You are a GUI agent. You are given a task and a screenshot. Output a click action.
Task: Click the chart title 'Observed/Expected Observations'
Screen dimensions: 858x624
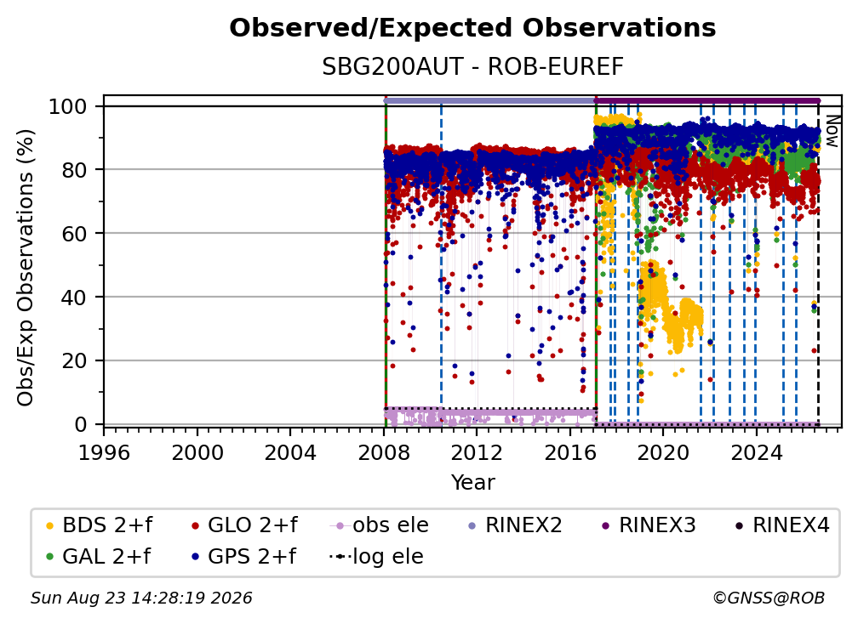[x=472, y=28]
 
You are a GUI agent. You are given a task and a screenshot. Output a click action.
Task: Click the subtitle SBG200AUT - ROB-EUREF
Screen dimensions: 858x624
[x=472, y=66]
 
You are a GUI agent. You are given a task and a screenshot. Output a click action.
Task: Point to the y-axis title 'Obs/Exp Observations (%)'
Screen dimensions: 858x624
[x=26, y=268]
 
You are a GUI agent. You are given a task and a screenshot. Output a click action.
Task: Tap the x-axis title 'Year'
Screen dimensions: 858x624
[x=472, y=483]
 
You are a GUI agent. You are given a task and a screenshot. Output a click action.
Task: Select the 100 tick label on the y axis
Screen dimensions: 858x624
[x=68, y=106]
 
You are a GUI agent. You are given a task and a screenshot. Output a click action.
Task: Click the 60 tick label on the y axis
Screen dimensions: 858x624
[x=74, y=233]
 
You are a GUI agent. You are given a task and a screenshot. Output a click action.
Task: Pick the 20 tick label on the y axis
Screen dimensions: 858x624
[x=74, y=360]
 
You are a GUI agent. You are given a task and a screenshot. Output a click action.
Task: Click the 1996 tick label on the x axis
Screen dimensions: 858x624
[x=104, y=453]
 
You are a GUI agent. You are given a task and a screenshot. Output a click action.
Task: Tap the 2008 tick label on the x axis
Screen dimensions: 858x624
[x=384, y=453]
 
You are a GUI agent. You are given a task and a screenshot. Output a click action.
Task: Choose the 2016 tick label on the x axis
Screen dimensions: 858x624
[x=570, y=453]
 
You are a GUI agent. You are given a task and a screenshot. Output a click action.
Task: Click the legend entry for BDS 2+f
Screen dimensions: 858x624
[x=99, y=525]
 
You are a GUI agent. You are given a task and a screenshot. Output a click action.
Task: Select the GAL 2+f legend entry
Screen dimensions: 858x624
[x=98, y=557]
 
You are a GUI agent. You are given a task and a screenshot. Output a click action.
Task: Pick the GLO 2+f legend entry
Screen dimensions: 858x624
[x=244, y=525]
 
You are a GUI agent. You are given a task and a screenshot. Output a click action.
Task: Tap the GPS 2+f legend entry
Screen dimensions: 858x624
[x=243, y=557]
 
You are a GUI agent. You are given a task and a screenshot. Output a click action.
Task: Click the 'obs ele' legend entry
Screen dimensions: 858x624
[x=380, y=525]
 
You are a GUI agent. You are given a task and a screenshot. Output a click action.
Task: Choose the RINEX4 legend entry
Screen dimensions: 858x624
[x=782, y=525]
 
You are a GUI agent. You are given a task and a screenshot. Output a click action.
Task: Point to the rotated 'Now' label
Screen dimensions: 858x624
[x=832, y=131]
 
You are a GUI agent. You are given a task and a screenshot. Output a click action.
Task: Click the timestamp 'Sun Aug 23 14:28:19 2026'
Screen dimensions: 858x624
[x=141, y=598]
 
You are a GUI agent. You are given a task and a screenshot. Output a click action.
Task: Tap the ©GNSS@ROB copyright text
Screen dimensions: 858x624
[x=769, y=598]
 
